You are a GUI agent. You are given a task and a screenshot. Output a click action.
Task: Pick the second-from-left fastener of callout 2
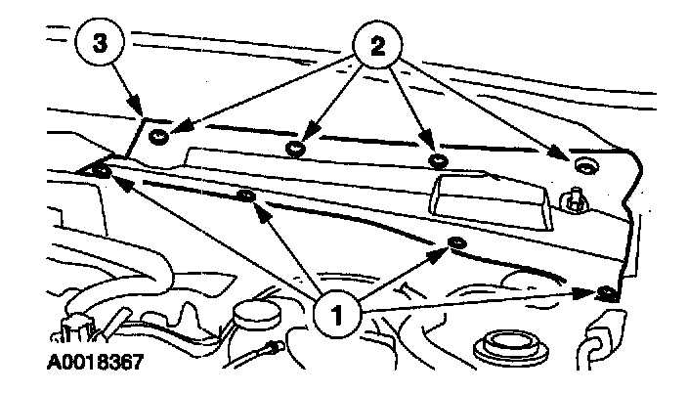click(x=294, y=149)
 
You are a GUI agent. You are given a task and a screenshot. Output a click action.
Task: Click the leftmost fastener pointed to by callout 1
click(x=100, y=173)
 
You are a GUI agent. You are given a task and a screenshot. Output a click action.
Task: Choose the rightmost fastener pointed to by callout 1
click(x=607, y=290)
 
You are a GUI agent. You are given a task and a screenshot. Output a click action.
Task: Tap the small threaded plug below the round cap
click(x=269, y=346)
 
